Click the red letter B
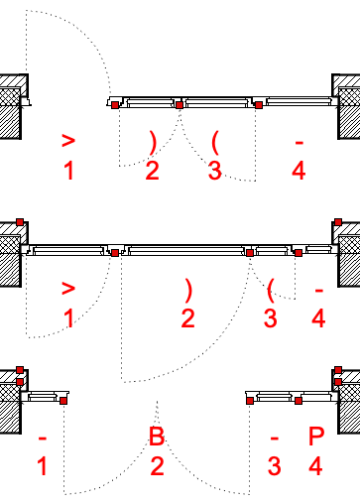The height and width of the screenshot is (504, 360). (157, 436)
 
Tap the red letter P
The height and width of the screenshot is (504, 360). (316, 436)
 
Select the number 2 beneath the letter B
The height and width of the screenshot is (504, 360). (157, 466)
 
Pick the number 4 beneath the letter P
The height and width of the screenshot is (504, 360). (315, 466)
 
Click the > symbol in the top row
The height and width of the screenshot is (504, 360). (68, 141)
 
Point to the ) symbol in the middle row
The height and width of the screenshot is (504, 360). (188, 291)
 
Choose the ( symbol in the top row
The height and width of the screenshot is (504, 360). (215, 143)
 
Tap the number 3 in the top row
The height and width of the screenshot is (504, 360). (215, 171)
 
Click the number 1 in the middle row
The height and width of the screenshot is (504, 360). (68, 318)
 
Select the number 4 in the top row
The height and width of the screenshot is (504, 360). (299, 171)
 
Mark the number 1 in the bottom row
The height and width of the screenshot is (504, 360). (42, 466)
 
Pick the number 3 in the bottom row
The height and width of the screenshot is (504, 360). (275, 466)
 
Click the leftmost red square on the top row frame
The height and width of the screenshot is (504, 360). (115, 105)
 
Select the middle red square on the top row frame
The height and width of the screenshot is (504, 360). (180, 105)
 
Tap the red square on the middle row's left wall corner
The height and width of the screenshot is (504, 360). (20, 222)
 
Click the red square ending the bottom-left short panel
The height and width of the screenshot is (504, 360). (63, 401)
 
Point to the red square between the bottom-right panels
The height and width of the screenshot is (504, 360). (299, 401)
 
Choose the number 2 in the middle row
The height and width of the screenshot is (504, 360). (187, 318)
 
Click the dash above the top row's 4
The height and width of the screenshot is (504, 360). (300, 143)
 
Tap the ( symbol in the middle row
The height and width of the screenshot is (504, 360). (271, 291)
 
